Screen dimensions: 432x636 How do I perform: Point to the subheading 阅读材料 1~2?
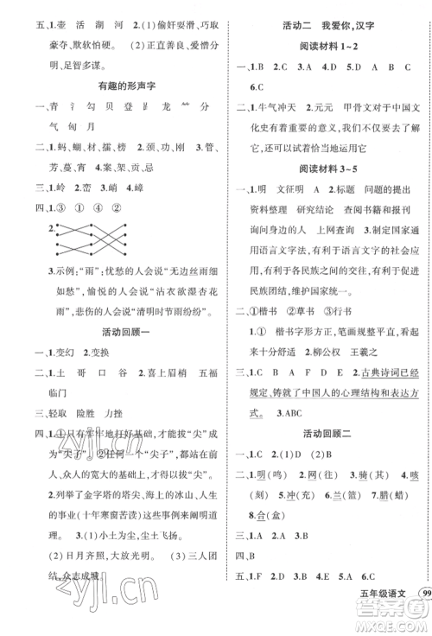pyautogui.click(x=330, y=43)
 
